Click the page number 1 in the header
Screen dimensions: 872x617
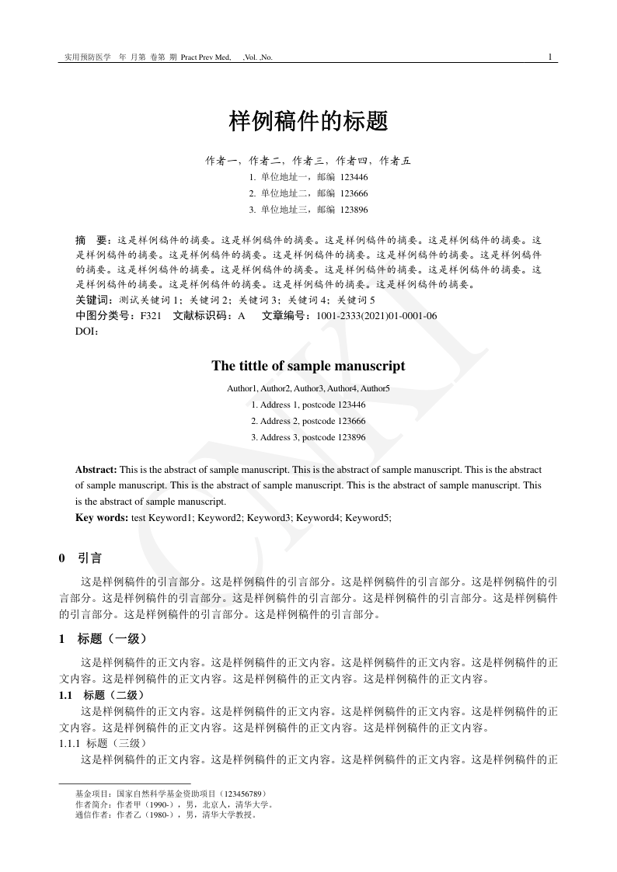tap(550, 57)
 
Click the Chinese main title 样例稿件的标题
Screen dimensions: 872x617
tap(308, 121)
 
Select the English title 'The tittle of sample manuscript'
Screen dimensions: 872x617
tap(308, 366)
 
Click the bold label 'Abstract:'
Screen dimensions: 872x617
tap(96, 470)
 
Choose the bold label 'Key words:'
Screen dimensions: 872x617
tap(102, 518)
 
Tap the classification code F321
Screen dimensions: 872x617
tap(151, 316)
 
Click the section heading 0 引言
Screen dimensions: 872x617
tap(80, 558)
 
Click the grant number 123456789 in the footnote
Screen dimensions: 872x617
tap(249, 794)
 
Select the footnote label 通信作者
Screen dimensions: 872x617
tap(91, 815)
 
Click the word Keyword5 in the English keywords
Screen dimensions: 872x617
tap(366, 518)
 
